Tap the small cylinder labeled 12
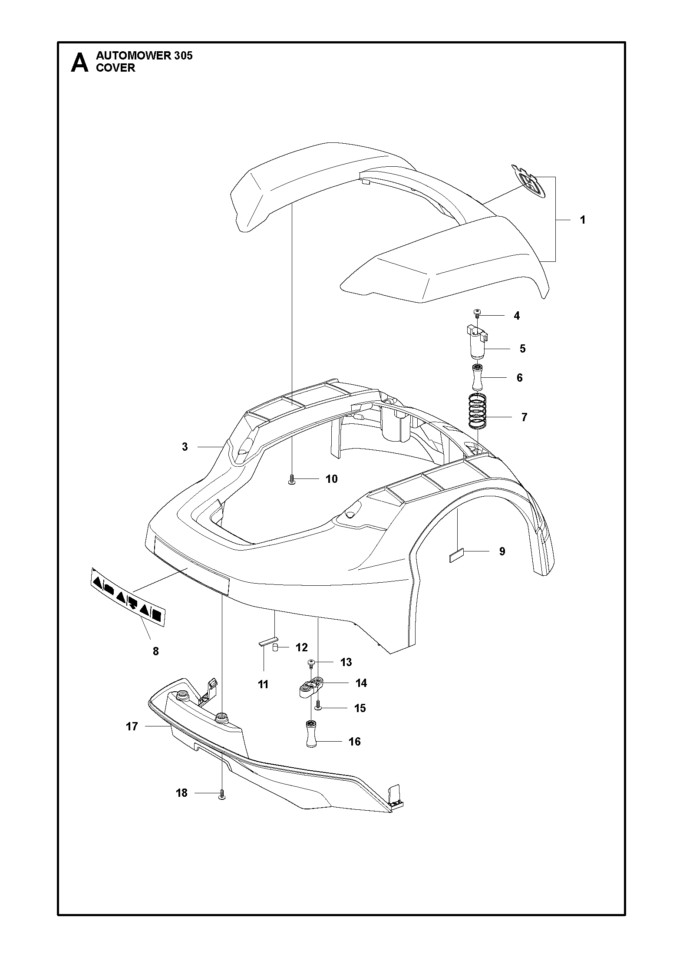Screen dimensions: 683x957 point(275,660)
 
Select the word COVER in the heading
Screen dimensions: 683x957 point(115,68)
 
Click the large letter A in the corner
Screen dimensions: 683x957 point(79,63)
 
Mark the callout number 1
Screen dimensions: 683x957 point(583,220)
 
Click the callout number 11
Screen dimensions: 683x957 point(263,684)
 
